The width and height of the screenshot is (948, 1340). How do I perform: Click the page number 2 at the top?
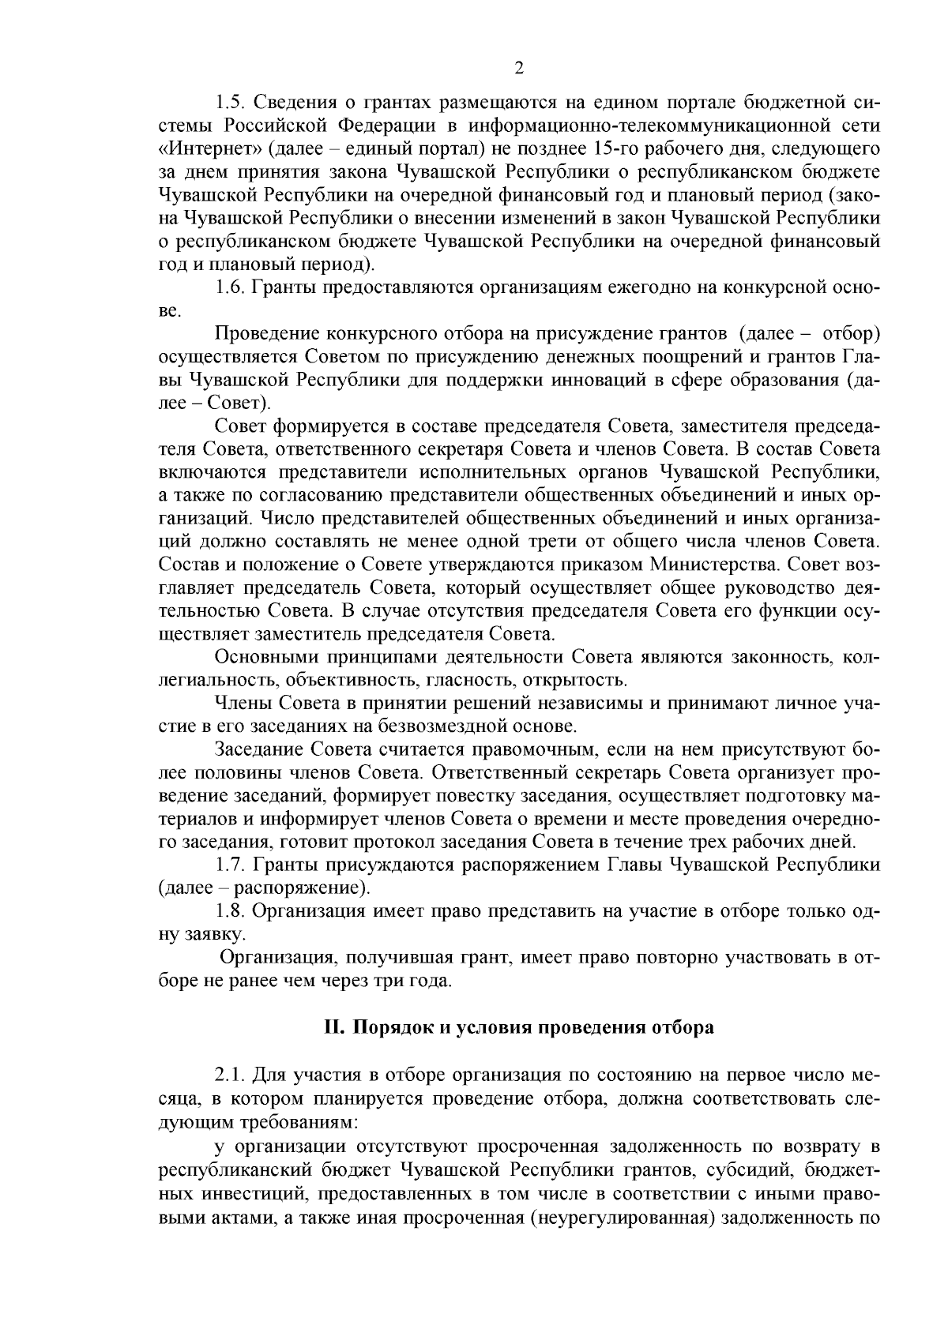[x=519, y=68]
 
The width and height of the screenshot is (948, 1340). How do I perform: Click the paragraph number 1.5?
[x=229, y=102]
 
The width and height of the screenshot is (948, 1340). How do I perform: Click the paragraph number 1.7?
[x=229, y=864]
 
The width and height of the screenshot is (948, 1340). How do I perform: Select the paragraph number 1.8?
[x=229, y=910]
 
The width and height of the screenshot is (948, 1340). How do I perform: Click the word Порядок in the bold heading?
[x=390, y=1027]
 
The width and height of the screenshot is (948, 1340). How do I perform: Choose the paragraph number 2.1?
[x=229, y=1075]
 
